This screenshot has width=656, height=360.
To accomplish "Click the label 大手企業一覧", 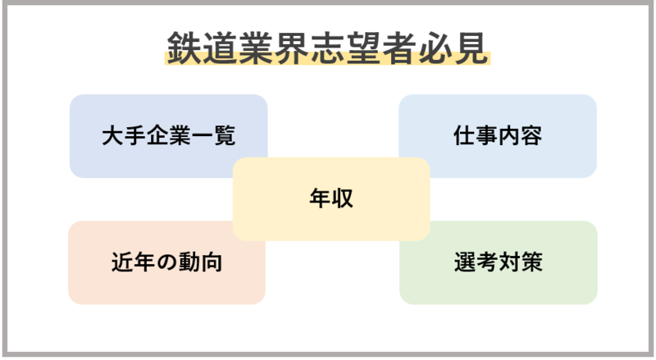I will (168, 135).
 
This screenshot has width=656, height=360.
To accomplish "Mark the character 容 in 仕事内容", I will (531, 135).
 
